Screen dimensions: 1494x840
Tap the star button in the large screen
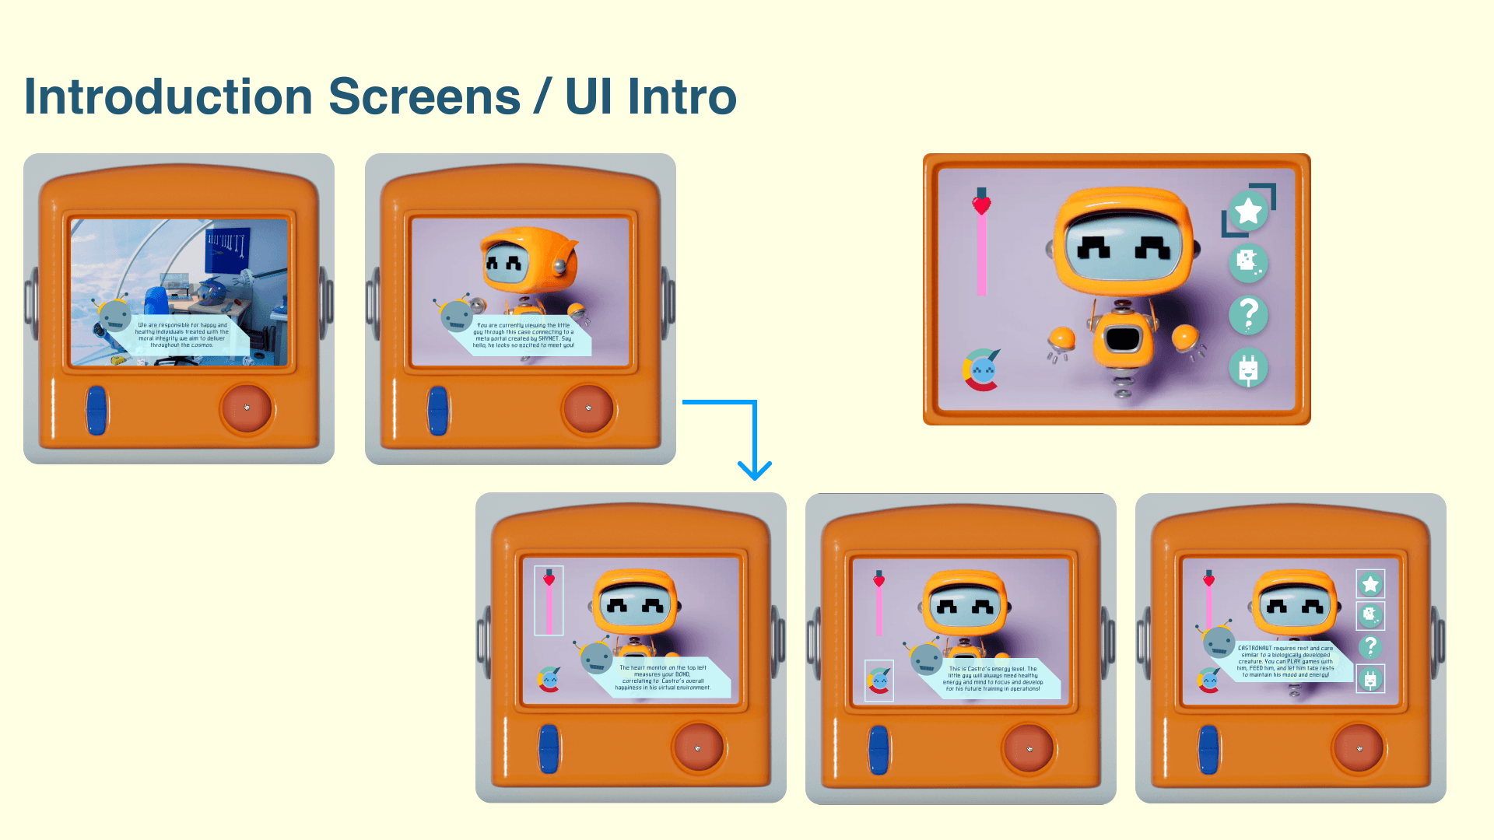(x=1248, y=210)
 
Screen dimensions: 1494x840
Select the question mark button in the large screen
(x=1248, y=315)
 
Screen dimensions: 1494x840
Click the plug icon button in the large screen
(x=1248, y=368)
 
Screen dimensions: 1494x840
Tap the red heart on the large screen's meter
(x=981, y=205)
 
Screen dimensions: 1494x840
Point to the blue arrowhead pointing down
(x=754, y=470)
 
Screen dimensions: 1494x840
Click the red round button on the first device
(x=247, y=408)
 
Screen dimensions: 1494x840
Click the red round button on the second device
(x=588, y=408)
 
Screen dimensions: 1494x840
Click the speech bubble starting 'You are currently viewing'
(x=524, y=335)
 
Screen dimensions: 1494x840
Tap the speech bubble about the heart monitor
(x=662, y=677)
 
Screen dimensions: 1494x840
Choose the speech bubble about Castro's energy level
(x=993, y=678)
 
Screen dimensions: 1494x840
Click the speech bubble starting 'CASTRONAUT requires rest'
(x=1285, y=661)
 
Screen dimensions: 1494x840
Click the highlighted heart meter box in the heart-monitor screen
(x=549, y=600)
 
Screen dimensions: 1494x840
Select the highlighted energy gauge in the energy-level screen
(x=879, y=681)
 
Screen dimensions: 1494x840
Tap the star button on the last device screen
(x=1370, y=584)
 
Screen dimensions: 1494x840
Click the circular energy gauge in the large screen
(x=982, y=370)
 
